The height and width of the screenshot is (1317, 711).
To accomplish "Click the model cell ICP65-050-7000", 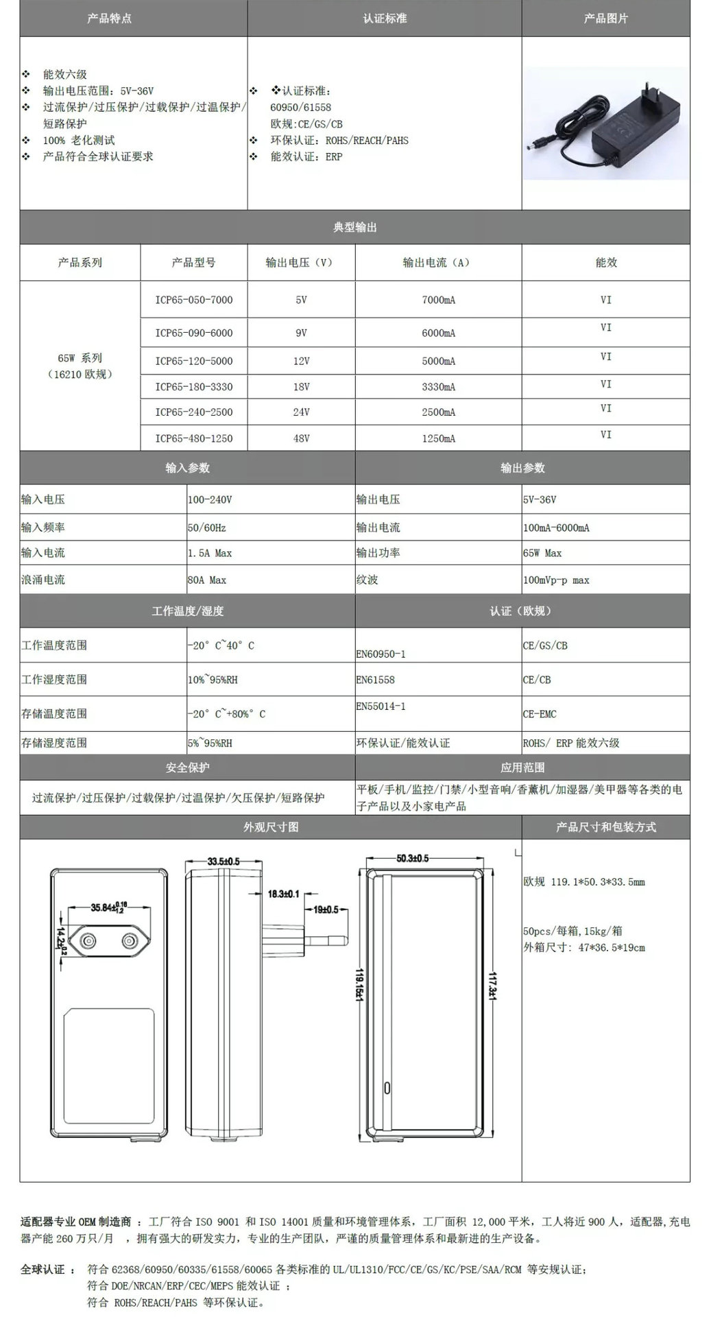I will (x=194, y=300).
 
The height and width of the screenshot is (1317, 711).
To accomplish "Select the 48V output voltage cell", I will (x=301, y=438).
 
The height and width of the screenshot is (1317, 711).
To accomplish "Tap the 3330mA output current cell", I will (x=438, y=387).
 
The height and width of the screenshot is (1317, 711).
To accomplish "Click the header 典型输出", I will (x=354, y=227).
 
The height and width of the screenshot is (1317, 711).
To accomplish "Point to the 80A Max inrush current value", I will (x=207, y=580).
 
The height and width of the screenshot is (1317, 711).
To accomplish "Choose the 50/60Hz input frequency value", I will (x=207, y=527).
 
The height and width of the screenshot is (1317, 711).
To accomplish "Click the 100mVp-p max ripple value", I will (x=556, y=580).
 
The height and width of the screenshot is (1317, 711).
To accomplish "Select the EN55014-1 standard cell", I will (x=381, y=707).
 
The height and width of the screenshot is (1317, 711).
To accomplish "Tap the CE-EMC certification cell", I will (x=540, y=714).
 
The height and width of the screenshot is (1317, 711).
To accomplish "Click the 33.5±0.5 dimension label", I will (x=224, y=861).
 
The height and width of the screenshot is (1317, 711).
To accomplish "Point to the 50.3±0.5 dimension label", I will (x=413, y=858).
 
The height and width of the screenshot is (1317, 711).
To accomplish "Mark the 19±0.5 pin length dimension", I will (x=326, y=910).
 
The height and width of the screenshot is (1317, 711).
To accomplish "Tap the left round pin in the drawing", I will (x=88, y=942).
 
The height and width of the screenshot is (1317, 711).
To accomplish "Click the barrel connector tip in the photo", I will (x=531, y=145).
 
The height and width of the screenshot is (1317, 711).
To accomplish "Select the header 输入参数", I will (x=187, y=468).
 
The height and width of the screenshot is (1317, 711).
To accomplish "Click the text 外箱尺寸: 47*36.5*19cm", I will (x=584, y=948).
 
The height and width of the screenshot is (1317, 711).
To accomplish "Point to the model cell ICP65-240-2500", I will (x=194, y=412).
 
